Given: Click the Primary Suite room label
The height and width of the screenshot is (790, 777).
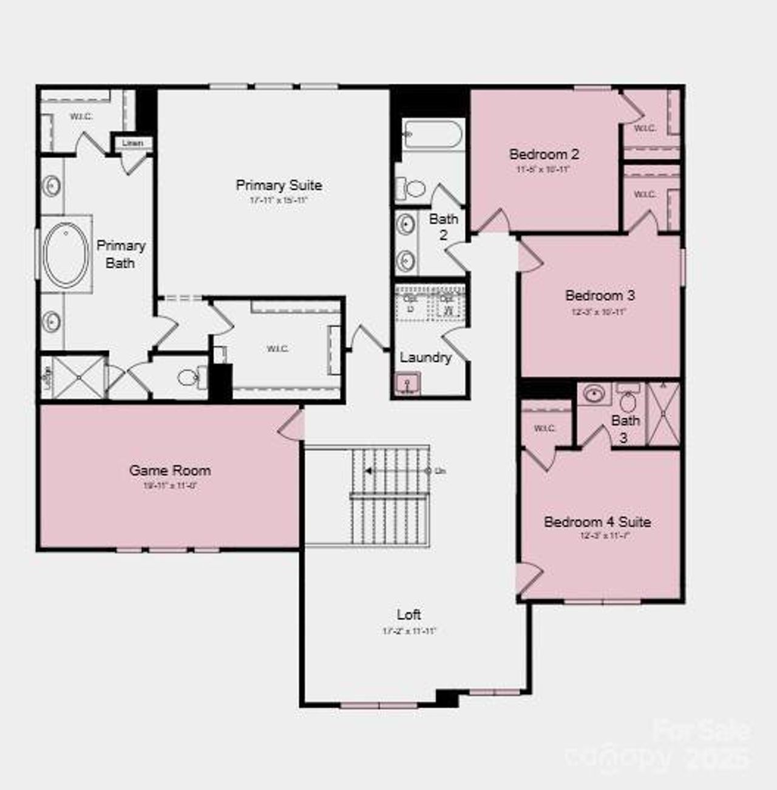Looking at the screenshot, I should tap(279, 185).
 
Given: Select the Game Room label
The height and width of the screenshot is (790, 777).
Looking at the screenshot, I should tap(170, 470).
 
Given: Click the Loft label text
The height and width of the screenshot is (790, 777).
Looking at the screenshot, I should tap(409, 615).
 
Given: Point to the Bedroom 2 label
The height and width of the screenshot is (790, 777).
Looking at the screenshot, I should tap(544, 154).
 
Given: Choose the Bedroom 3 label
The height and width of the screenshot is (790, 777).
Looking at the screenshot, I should tap(600, 295).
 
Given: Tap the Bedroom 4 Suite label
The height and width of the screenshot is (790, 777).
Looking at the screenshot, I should tap(597, 522).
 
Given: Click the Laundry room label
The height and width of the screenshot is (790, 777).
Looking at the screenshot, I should tap(426, 357).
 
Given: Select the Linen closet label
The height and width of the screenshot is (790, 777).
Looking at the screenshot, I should tap(133, 143).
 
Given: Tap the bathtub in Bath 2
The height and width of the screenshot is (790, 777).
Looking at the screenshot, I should tap(433, 134).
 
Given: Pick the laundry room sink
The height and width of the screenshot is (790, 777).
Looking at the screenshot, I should tap(406, 384).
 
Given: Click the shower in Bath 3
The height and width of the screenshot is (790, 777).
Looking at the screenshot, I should tap(663, 414).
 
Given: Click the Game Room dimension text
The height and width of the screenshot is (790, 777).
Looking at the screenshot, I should tap(170, 485).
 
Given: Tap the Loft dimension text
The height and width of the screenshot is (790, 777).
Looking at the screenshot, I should tap(409, 631).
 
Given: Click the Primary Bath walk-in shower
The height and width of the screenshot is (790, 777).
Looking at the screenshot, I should tap(79, 378).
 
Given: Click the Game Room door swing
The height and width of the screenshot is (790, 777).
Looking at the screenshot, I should tap(291, 424).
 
